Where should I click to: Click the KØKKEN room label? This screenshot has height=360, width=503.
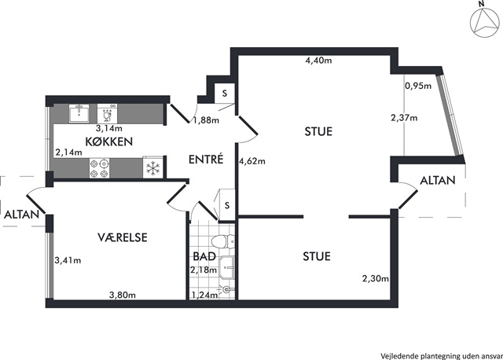click(109, 141)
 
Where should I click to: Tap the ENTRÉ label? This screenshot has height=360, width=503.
click(206, 159)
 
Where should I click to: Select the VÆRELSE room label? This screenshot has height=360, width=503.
click(123, 237)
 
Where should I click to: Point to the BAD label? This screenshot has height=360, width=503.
click(204, 256)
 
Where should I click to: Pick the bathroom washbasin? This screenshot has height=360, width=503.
click(227, 266)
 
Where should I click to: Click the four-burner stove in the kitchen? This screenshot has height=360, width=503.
click(99, 168)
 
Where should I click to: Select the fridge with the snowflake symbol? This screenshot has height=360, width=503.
click(153, 168)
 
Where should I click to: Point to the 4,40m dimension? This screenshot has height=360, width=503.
click(318, 61)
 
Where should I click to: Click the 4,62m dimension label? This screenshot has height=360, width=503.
click(252, 161)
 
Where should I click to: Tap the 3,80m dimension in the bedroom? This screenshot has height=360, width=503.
click(123, 295)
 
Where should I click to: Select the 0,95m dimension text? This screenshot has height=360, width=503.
click(418, 86)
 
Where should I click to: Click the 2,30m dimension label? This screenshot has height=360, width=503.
click(376, 278)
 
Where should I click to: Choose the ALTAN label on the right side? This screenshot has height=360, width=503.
click(438, 180)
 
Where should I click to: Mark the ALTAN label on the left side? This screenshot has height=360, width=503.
click(21, 215)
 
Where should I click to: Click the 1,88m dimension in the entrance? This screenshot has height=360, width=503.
click(206, 120)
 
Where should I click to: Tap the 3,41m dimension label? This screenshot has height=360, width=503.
click(68, 260)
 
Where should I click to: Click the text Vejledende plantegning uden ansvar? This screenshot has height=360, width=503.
click(442, 356)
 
